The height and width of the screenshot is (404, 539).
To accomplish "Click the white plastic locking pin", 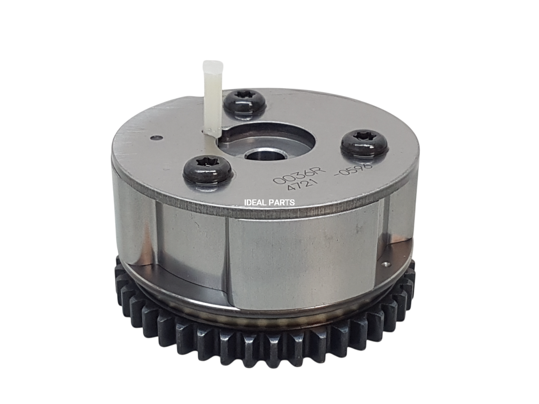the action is pos(211,103).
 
